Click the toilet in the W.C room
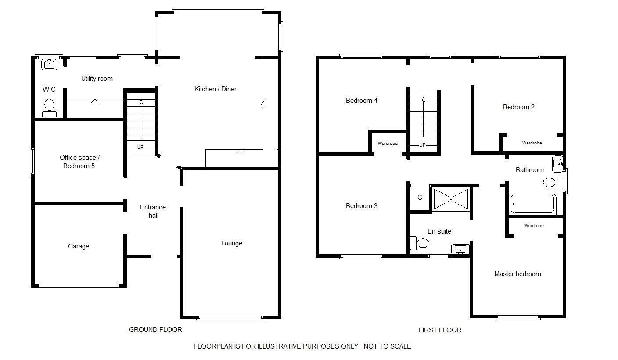(x=50, y=108)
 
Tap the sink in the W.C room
(x=49, y=65)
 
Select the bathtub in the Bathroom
(x=532, y=204)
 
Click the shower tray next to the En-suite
(x=451, y=198)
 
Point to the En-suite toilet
(x=420, y=243)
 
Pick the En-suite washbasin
(x=460, y=249)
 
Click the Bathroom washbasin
(x=557, y=164)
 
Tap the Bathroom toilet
(x=553, y=182)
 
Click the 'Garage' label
(x=79, y=246)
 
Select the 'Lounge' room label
(x=232, y=243)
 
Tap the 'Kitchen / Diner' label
(x=216, y=89)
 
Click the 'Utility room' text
(x=97, y=78)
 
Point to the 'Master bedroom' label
(x=518, y=274)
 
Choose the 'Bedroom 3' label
(x=362, y=206)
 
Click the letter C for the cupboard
(x=420, y=198)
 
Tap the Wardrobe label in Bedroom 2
(x=532, y=143)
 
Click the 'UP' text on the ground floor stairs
(x=140, y=147)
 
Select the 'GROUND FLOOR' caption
(x=156, y=330)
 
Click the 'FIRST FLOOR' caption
(x=440, y=330)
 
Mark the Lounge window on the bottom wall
(x=230, y=318)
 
